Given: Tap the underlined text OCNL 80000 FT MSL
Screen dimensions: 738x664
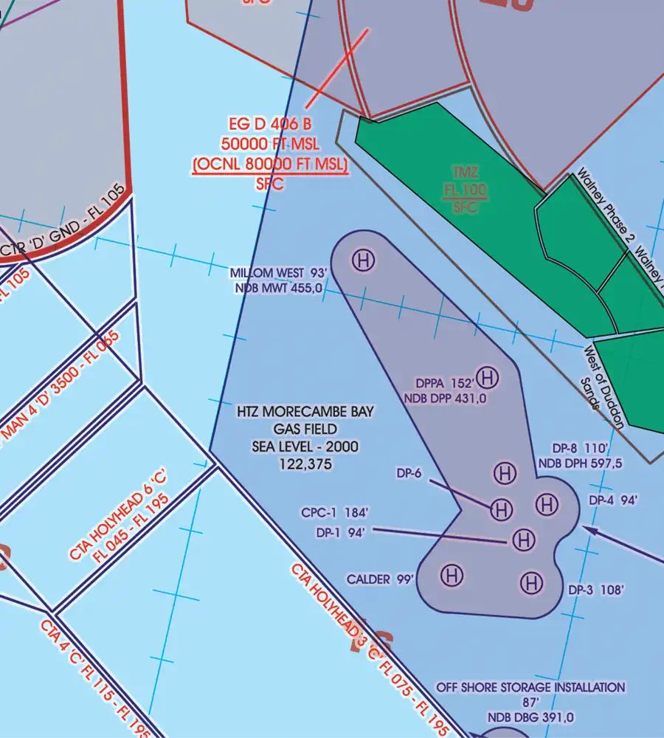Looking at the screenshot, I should pyautogui.click(x=269, y=165).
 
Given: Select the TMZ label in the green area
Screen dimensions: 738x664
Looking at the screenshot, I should pyautogui.click(x=466, y=173).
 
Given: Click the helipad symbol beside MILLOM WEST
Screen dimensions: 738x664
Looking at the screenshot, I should pyautogui.click(x=362, y=260).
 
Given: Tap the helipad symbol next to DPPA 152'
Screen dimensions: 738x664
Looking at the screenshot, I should pyautogui.click(x=487, y=378).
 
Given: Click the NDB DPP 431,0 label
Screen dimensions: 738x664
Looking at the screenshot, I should pyautogui.click(x=445, y=399).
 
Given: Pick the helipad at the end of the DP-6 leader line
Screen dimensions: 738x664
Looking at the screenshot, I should pyautogui.click(x=502, y=508).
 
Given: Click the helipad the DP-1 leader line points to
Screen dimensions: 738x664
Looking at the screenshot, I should pyautogui.click(x=523, y=540).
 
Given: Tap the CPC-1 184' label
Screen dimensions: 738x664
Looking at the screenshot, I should pyautogui.click(x=334, y=512).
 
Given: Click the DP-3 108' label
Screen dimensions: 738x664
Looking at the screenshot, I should pyautogui.click(x=597, y=590).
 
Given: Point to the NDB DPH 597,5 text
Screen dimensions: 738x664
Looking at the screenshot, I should pyautogui.click(x=581, y=463).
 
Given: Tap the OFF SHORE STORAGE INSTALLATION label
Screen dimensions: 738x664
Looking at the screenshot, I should pyautogui.click(x=530, y=687).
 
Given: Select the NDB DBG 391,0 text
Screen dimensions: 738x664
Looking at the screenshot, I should pyautogui.click(x=530, y=717).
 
